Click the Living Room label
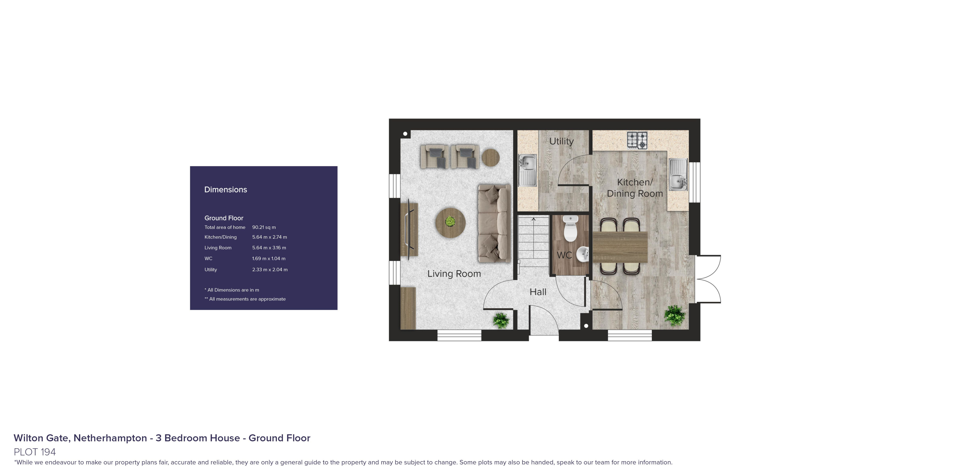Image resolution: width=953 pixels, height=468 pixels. (454, 274)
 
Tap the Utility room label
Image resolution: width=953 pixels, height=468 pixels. (561, 141)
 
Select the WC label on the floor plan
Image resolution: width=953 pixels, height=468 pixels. (564, 255)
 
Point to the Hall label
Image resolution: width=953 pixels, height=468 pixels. (538, 292)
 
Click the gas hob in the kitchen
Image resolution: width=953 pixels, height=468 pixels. (637, 140)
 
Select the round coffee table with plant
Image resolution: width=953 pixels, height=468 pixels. (450, 222)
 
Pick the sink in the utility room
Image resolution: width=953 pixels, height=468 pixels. (527, 170)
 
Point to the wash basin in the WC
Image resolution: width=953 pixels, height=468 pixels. (583, 254)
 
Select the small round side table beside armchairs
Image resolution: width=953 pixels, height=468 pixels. (491, 158)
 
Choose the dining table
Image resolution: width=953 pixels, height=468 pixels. (620, 247)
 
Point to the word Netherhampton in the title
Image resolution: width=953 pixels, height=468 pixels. (110, 438)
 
